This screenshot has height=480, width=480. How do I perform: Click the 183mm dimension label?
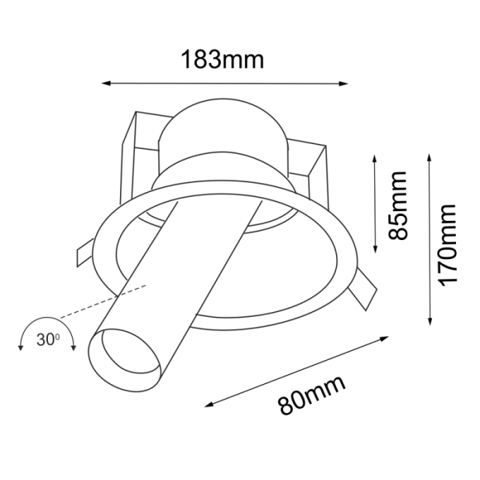(x=222, y=60)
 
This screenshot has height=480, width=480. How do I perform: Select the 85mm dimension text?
(x=398, y=205)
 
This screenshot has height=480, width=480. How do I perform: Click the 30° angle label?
(x=48, y=339)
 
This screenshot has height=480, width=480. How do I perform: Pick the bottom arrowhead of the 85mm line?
(x=374, y=250)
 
